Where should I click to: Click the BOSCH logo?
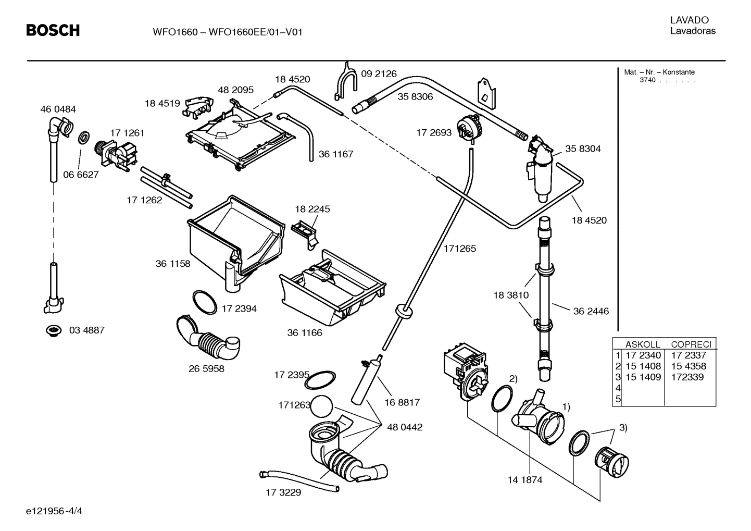53,31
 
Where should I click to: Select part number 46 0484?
58,109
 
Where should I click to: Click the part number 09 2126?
379,74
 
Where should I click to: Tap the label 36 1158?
173,264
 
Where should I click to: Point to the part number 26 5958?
206,369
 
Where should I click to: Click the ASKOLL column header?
643,344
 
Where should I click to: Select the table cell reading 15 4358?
689,366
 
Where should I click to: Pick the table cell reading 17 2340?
643,355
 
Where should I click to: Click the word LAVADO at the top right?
689,20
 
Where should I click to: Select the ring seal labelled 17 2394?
204,302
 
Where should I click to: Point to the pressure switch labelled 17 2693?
469,129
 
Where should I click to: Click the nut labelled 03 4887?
53,330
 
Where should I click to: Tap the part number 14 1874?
524,480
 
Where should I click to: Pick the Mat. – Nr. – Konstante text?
659,72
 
